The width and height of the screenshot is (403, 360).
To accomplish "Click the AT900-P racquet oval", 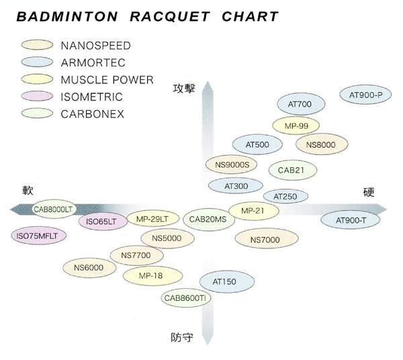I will click(366, 95).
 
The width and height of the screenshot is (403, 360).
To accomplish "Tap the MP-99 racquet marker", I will click(296, 126).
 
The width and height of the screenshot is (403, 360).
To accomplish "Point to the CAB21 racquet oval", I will click(292, 170).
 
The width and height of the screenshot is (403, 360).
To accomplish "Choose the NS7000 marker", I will click(264, 239).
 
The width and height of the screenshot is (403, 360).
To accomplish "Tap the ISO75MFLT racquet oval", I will click(34, 235).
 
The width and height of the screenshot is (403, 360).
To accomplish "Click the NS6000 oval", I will click(89, 267).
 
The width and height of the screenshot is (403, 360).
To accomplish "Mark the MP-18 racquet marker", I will click(152, 275).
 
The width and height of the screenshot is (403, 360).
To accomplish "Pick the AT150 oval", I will click(224, 282).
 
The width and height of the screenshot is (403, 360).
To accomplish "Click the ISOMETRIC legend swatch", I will click(38, 97).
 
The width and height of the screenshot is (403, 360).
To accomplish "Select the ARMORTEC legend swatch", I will click(38, 63).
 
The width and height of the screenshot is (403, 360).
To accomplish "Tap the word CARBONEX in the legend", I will click(92, 114).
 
